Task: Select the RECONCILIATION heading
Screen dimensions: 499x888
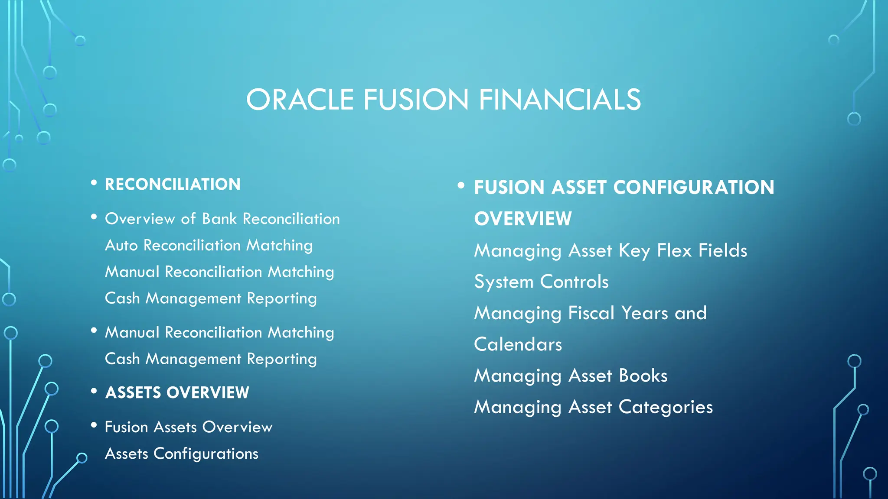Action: pos(173,185)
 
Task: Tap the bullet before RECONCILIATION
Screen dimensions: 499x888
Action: pos(94,183)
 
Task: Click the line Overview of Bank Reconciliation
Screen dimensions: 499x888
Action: pos(222,219)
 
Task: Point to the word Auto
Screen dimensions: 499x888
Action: pos(121,246)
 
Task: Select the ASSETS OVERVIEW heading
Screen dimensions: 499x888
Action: pos(177,393)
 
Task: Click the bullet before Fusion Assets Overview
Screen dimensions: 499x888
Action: pos(94,426)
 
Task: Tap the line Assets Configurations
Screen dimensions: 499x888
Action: pos(181,454)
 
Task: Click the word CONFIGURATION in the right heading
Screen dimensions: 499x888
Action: pos(693,188)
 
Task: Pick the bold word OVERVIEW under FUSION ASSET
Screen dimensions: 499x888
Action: pos(523,219)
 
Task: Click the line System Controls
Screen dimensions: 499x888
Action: pos(541,282)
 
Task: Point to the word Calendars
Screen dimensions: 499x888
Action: pos(518,345)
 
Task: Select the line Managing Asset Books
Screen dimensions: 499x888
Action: pos(571,376)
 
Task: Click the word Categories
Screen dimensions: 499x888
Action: pos(666,408)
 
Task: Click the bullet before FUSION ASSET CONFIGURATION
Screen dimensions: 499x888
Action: pos(461,186)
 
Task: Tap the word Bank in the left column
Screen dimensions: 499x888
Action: pos(220,219)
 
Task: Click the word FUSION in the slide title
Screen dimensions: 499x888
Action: pos(416,100)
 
